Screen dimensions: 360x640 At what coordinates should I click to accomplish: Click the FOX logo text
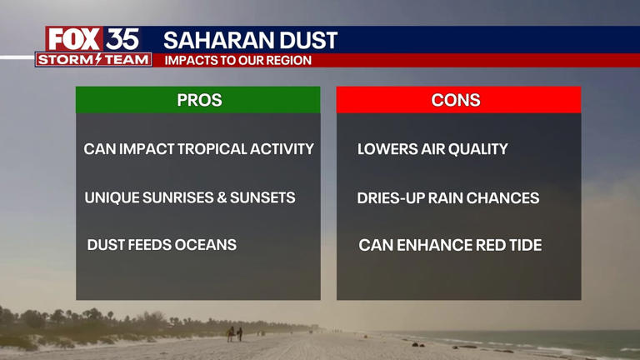[x=74, y=39]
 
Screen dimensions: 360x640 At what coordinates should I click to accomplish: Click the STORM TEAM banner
[x=94, y=59]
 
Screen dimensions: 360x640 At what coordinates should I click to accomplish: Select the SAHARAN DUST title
[x=250, y=40]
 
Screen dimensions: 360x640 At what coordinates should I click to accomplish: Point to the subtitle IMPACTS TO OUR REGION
[x=237, y=60]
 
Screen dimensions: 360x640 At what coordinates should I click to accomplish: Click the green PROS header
[x=198, y=100]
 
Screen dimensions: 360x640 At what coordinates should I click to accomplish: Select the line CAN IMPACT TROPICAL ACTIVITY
[x=198, y=149]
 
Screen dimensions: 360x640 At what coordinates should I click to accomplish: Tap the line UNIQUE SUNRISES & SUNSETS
[x=190, y=198]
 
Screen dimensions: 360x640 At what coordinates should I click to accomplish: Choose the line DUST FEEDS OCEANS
[x=162, y=245]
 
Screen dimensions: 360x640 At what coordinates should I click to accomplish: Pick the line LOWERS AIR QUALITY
[x=432, y=149]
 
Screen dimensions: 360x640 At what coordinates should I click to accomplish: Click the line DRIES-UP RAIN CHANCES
[x=448, y=198]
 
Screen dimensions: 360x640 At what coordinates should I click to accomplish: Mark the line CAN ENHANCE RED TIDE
[x=450, y=245]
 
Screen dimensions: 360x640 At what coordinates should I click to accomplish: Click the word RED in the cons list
[x=491, y=245]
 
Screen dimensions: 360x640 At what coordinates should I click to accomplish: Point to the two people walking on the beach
[x=234, y=333]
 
